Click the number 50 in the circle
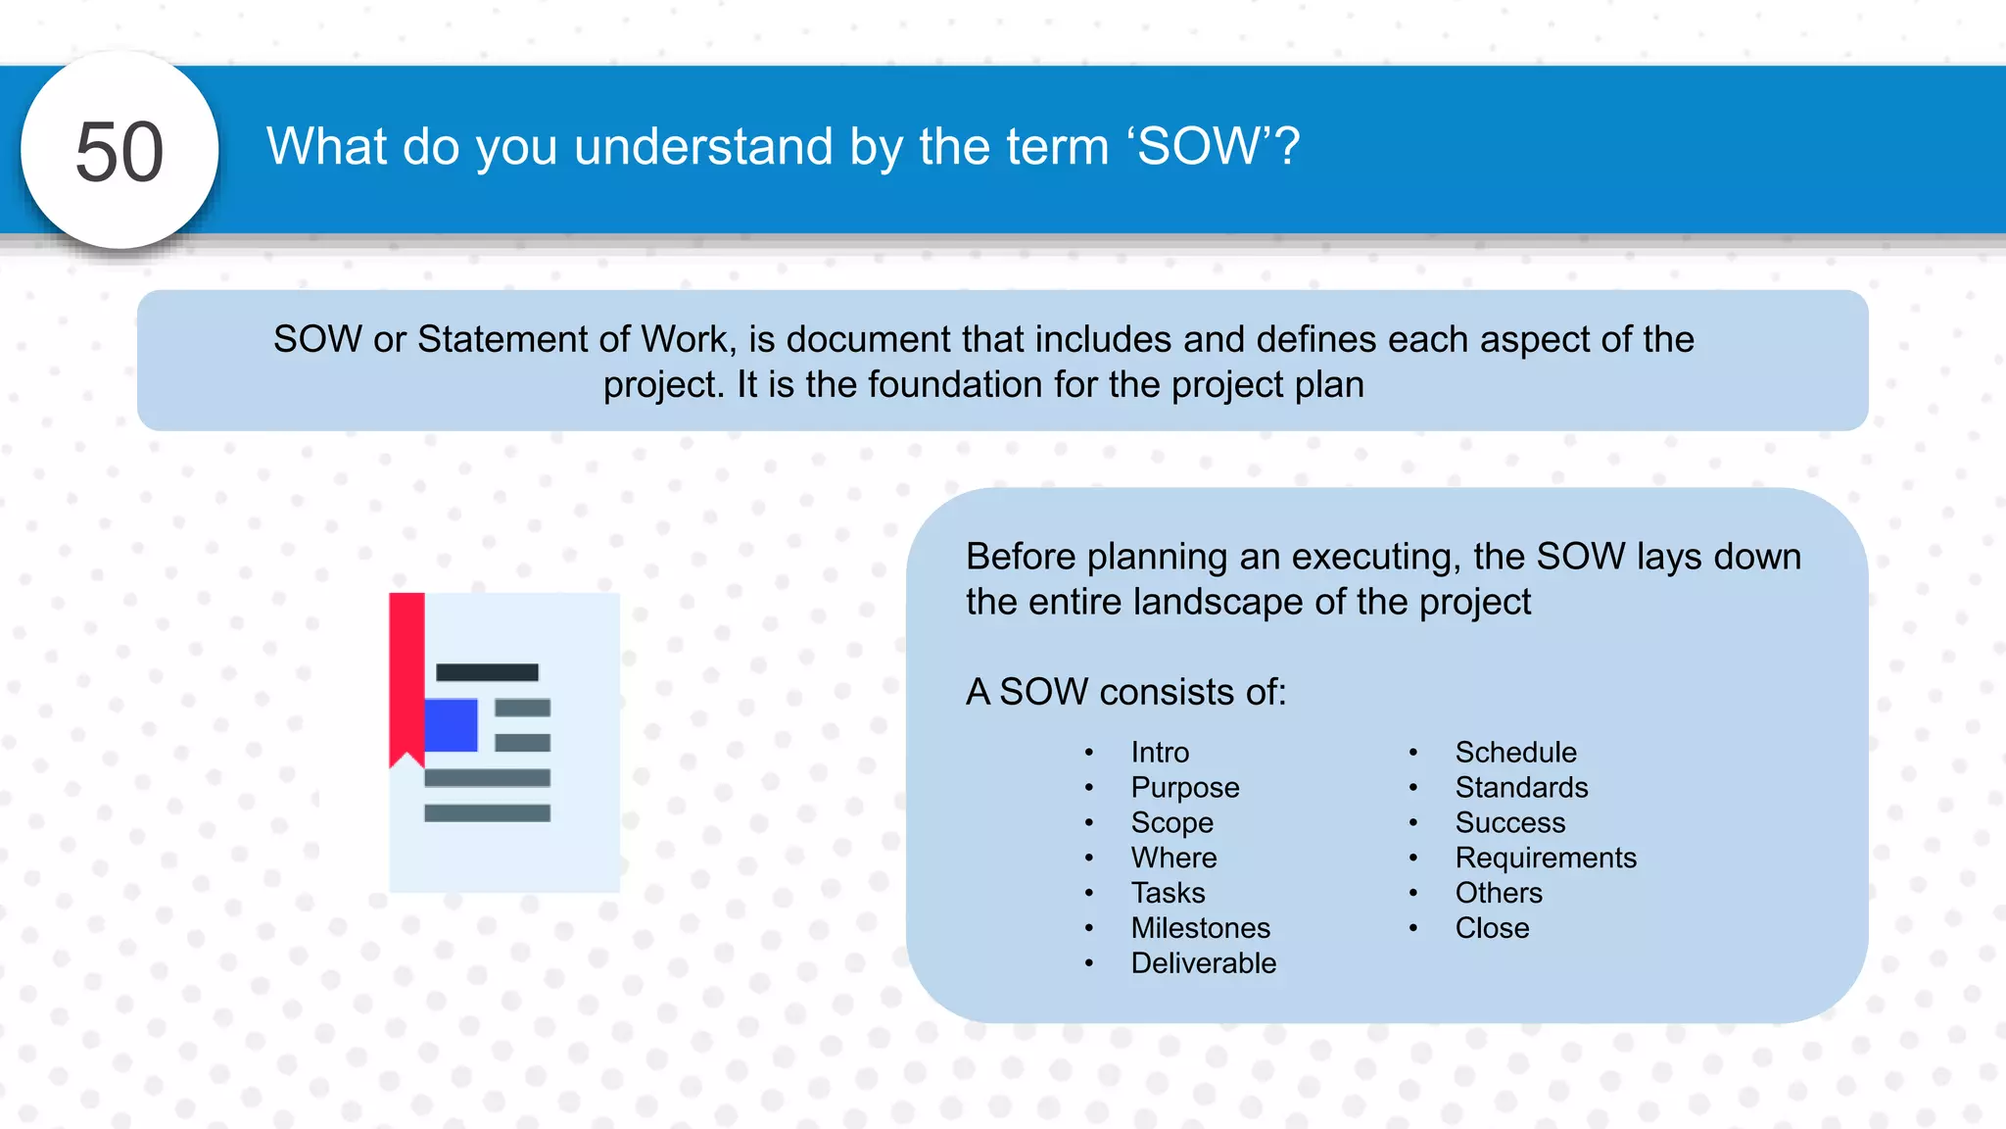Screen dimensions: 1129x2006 tap(119, 152)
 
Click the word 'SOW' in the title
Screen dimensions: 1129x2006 tap(1197, 147)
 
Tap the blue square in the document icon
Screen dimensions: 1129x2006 tap(451, 725)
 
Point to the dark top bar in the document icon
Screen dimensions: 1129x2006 tap(487, 672)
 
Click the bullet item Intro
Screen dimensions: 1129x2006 tap(1160, 753)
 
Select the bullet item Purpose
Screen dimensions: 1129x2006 tap(1184, 788)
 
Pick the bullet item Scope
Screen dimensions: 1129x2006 tap(1171, 823)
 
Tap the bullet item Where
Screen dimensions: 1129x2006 tap(1173, 859)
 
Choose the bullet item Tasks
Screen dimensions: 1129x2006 tap(1168, 894)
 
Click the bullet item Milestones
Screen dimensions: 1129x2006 tap(1200, 928)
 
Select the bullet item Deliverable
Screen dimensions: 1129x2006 tap(1203, 963)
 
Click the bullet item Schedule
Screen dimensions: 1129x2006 tap(1515, 753)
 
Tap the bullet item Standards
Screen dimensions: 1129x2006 tap(1521, 788)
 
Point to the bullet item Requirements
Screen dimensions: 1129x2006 tap(1546, 859)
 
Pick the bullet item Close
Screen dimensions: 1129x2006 tap(1492, 928)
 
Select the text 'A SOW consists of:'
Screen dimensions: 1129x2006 tap(1125, 692)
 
